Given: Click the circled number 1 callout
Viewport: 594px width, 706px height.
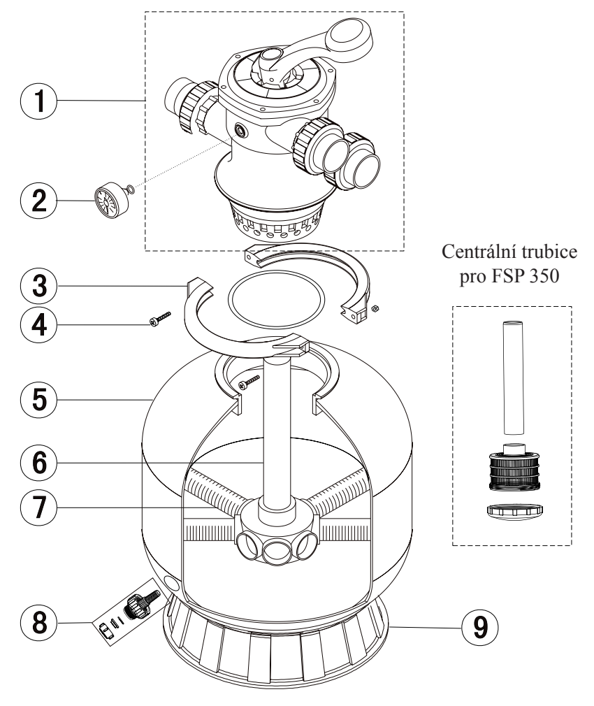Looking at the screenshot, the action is coord(39,101).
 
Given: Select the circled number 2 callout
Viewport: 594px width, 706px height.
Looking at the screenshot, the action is coord(39,201).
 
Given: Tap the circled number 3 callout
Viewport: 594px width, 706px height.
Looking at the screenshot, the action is coord(39,285).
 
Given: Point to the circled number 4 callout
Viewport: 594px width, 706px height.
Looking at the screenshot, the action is coord(39,324).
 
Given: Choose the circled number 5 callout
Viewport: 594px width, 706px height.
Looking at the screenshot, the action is coord(39,399).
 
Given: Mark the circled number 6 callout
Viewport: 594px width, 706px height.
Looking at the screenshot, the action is coord(39,463).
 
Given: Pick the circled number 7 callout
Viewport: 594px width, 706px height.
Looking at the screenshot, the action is coord(39,507).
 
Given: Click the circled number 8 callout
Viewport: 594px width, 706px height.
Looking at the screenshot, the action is coord(39,622).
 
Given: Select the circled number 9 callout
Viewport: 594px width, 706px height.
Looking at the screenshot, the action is coord(480,627).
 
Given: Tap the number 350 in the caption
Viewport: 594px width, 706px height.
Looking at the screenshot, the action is coord(544,275).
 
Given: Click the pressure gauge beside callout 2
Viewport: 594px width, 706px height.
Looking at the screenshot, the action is coord(111,200).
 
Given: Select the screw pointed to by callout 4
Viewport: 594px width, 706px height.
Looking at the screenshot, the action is coord(160,317).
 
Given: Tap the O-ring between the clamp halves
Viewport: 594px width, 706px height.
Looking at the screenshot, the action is coord(276,299).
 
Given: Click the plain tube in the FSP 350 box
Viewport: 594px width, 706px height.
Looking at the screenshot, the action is coord(513,377).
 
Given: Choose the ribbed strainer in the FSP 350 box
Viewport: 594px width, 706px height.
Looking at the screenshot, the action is coord(514,468).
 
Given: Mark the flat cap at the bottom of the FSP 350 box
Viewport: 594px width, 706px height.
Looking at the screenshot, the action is coord(515,511).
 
